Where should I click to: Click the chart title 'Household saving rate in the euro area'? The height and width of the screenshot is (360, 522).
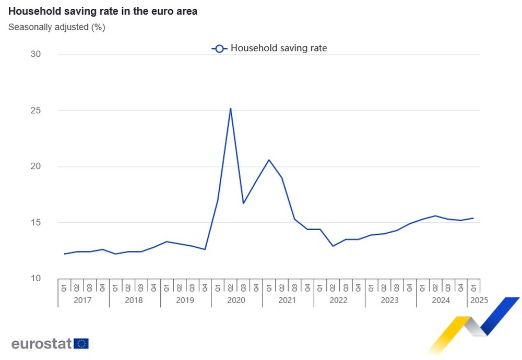[103, 11]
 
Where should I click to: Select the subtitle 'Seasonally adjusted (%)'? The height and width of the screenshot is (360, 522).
[57, 27]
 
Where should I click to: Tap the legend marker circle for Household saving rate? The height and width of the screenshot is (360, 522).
[219, 49]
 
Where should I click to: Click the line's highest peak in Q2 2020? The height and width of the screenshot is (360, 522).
[230, 109]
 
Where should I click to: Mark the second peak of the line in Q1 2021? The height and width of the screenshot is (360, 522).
[269, 160]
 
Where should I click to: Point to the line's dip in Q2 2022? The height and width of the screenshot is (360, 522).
[333, 246]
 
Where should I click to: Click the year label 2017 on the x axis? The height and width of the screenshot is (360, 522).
[84, 300]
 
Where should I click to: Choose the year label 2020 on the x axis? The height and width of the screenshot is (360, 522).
[236, 300]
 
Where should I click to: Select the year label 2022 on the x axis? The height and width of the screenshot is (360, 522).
[339, 300]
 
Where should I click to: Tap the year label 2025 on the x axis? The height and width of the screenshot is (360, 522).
[479, 300]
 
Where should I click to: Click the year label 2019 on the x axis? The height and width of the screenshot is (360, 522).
[185, 300]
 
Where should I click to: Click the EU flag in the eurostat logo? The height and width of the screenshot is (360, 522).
[81, 343]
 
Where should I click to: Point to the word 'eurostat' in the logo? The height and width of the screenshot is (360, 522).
[42, 344]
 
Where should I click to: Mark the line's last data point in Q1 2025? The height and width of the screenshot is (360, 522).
[473, 218]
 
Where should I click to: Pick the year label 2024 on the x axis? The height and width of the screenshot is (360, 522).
[441, 300]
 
